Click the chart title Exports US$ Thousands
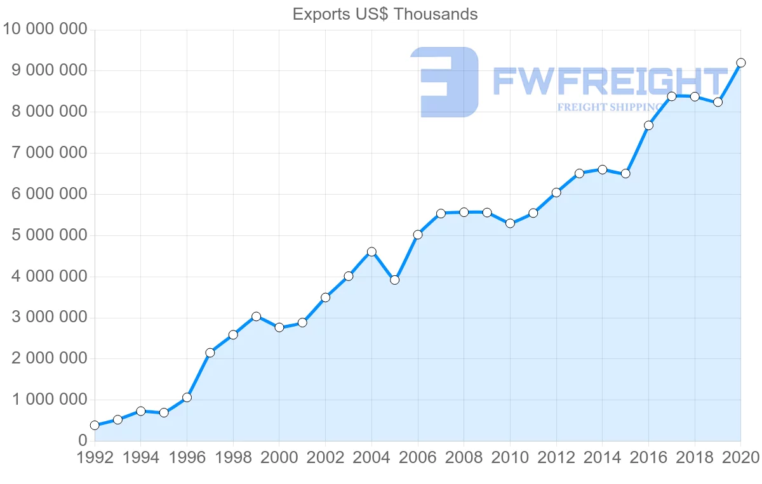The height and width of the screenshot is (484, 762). pos(385,15)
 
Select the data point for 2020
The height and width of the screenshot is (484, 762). pos(740,63)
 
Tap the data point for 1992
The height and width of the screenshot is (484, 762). pos(95,425)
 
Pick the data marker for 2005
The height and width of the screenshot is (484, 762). pos(394,280)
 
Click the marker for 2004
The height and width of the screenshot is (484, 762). pos(371,252)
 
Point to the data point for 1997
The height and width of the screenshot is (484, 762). pos(210,353)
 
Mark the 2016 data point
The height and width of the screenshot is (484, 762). pos(648,126)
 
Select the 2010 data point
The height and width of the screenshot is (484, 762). pos(510,223)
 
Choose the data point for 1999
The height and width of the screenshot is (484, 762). pos(256,317)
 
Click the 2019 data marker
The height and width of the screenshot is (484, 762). pos(718,102)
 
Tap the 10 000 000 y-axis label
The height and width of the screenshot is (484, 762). pos(45,29)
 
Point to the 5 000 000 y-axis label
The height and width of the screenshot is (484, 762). pos(50,235)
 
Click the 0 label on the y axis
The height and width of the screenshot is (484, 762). pos(83,441)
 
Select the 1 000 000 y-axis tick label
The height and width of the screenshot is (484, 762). pos(50,400)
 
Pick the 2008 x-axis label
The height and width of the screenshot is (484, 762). pos(464,457)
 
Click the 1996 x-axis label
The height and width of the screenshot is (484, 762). pos(187,457)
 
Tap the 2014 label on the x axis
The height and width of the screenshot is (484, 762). pos(602,457)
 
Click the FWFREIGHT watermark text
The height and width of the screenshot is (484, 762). pos(610,81)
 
